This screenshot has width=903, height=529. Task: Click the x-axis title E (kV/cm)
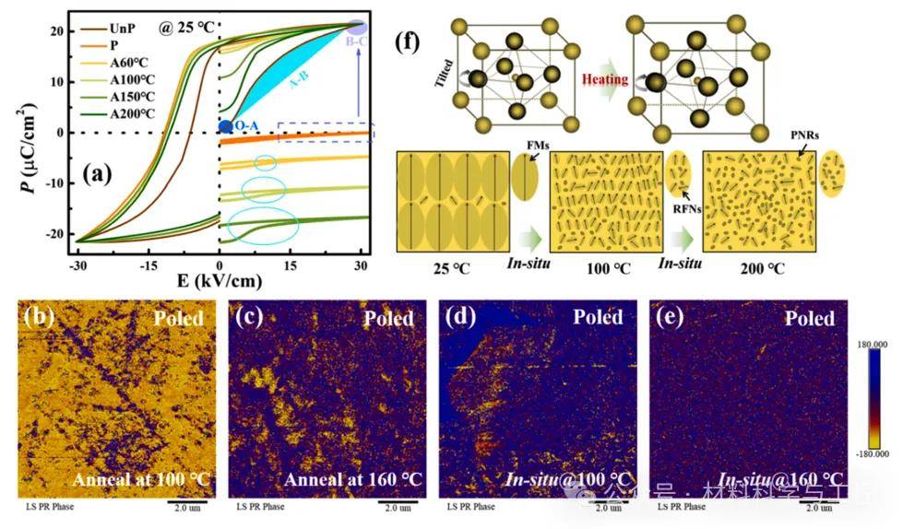(x=219, y=280)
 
